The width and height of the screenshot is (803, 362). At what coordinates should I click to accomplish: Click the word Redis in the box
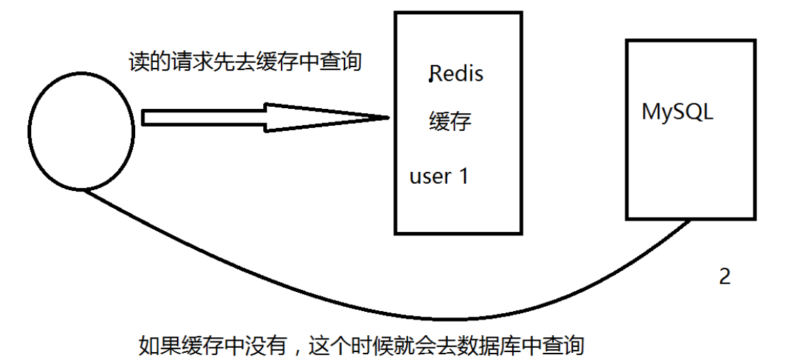[x=457, y=74]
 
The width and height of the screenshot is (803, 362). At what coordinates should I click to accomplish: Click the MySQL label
[x=677, y=112]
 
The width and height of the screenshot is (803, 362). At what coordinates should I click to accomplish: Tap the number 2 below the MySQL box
[x=724, y=276]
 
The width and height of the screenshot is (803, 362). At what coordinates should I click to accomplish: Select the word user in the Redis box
[x=430, y=176]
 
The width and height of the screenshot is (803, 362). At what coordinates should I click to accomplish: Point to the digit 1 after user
[x=463, y=175]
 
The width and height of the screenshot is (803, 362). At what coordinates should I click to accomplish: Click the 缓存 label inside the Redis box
[x=450, y=122]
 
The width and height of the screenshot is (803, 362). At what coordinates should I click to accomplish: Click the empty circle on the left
[x=81, y=132]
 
